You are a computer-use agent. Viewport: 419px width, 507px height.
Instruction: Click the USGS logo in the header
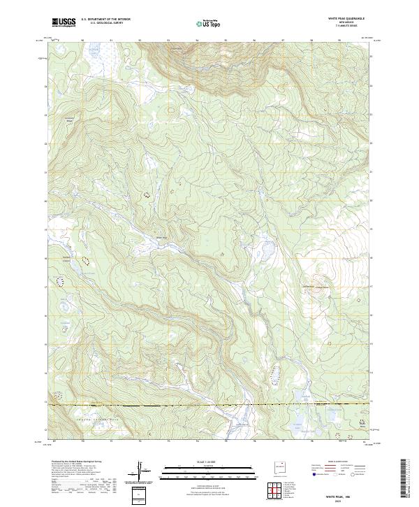click(63, 23)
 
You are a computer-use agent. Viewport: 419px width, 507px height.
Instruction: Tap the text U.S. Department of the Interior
click(105, 20)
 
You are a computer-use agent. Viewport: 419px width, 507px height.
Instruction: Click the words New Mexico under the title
click(348, 23)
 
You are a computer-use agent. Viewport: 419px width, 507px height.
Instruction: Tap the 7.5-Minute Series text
click(348, 27)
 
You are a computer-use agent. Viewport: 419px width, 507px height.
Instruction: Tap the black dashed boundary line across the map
click(209, 405)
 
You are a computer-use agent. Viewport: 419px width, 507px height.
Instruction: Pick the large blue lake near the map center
click(267, 248)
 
